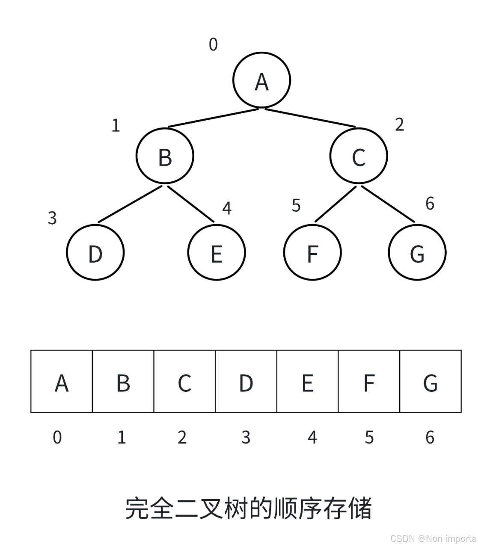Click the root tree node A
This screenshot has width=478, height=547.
[x=261, y=80]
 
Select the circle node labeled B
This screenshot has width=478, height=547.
[x=165, y=156]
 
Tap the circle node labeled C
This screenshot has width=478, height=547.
[x=359, y=156]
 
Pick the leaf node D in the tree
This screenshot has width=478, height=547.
[x=95, y=252]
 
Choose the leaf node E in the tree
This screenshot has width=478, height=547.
[x=217, y=252]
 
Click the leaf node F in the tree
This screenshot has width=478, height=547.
[x=312, y=252]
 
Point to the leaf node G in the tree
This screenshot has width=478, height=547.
[x=417, y=252]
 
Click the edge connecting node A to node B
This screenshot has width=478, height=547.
[x=213, y=118]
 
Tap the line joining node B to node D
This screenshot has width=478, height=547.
[x=130, y=204]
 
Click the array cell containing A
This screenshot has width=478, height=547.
[x=62, y=381]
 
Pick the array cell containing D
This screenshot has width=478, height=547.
[x=246, y=381]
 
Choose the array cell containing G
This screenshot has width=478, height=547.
[x=430, y=381]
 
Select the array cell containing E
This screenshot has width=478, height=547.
[x=308, y=381]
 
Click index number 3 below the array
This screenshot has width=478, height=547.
[x=246, y=438]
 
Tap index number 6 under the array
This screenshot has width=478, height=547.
[x=430, y=438]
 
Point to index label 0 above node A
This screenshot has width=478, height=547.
[x=213, y=44]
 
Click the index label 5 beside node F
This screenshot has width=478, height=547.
[x=296, y=206]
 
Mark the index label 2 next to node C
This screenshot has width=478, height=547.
[x=399, y=124]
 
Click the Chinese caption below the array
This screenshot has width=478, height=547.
[x=248, y=508]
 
